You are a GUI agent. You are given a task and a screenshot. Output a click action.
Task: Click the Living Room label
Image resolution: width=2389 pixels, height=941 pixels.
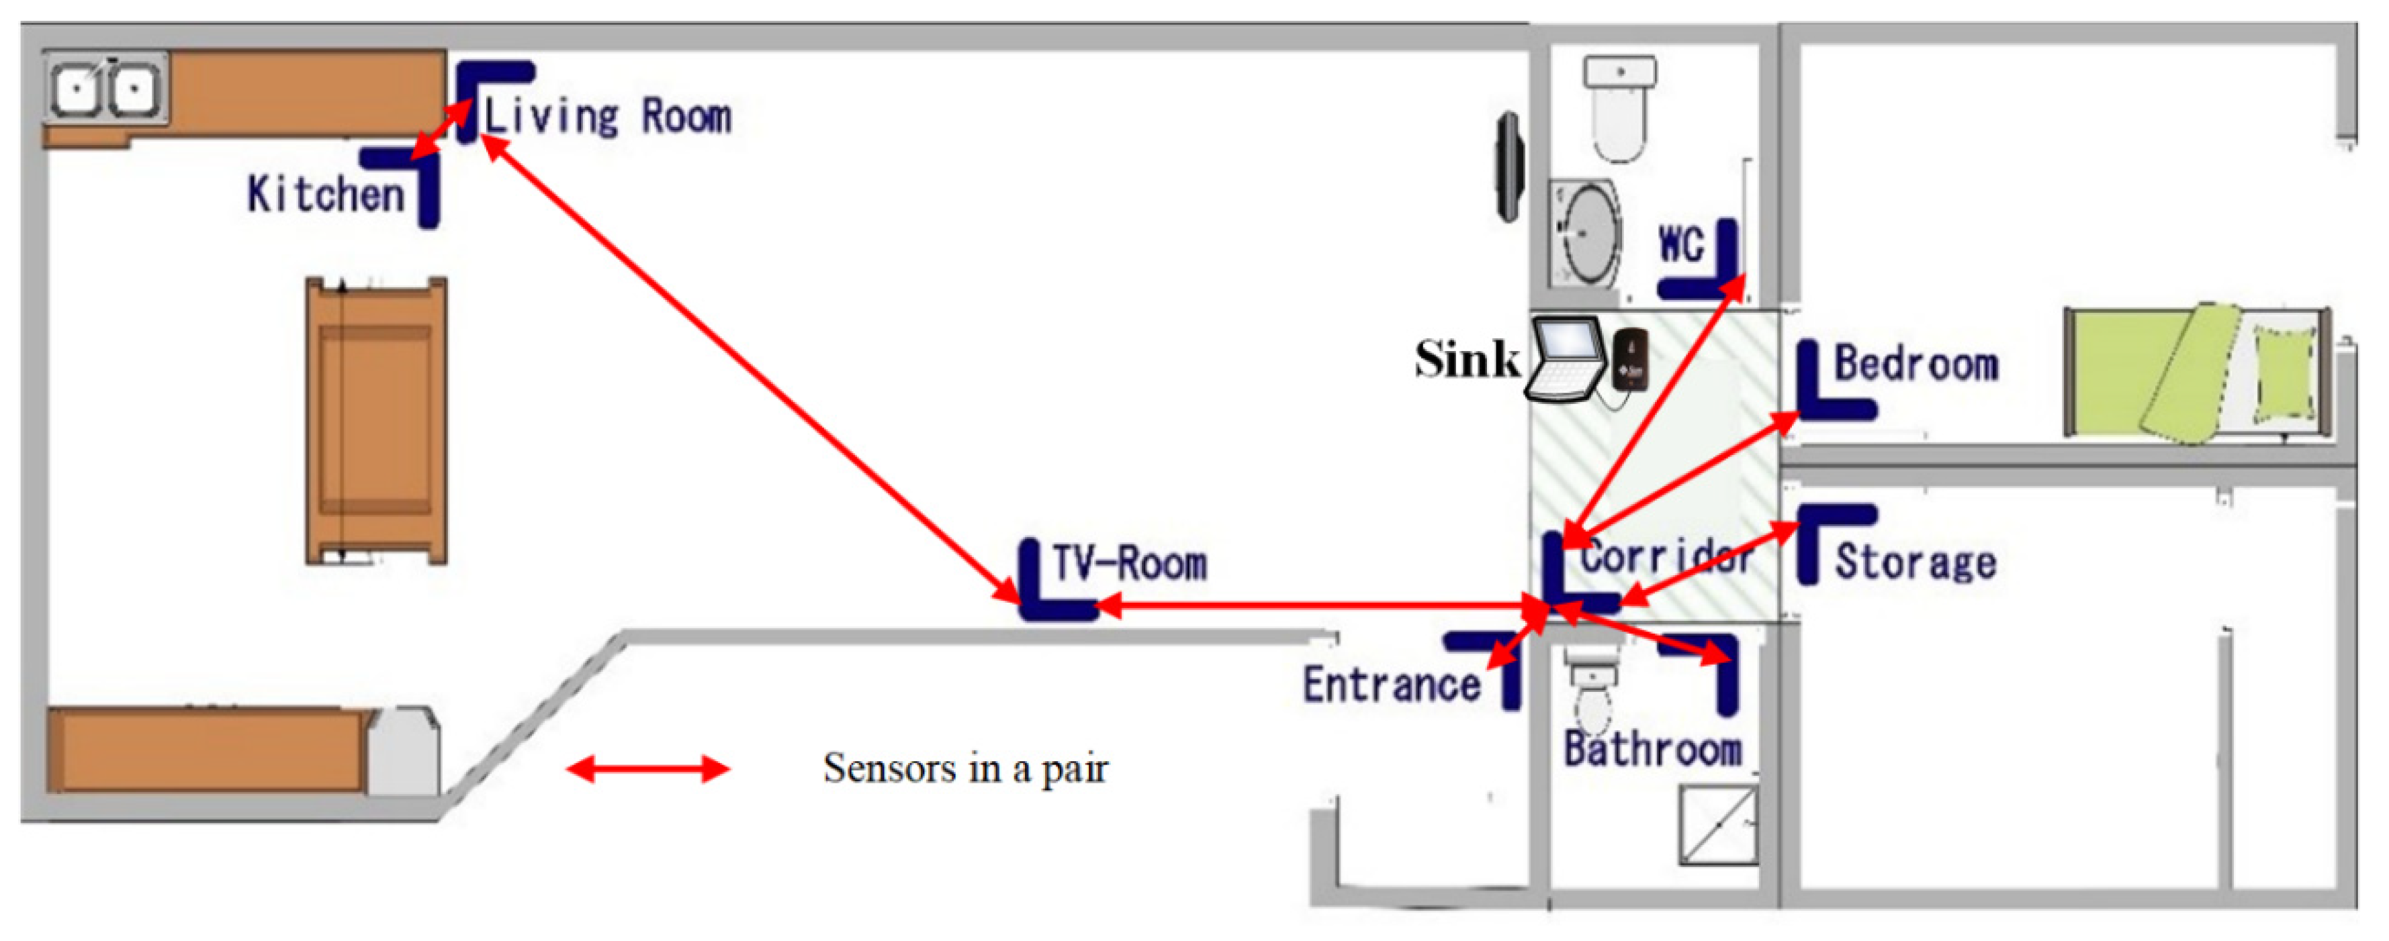click(x=607, y=117)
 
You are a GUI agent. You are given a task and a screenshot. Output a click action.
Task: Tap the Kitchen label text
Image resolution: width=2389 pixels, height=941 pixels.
click(x=326, y=195)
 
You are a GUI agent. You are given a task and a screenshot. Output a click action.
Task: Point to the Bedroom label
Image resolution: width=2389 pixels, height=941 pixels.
click(x=1916, y=363)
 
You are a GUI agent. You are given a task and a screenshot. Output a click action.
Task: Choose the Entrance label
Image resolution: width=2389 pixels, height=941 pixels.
click(x=1391, y=685)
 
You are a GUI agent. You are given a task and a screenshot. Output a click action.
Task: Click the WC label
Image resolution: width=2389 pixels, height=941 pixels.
click(x=1680, y=246)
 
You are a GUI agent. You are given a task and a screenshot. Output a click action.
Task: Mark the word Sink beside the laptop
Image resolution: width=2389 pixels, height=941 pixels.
click(x=1466, y=359)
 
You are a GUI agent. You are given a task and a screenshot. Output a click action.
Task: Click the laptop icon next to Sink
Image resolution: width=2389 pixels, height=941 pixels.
click(x=1568, y=360)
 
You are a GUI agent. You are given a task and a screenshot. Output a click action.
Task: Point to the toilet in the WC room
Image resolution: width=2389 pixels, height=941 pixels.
click(x=1619, y=107)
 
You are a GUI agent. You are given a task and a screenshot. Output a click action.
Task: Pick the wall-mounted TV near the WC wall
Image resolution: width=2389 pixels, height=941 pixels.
click(x=1509, y=167)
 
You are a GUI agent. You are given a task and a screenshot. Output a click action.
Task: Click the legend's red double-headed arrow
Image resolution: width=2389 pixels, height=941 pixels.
click(x=647, y=769)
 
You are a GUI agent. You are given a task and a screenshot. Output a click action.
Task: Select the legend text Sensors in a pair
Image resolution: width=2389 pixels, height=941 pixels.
click(x=964, y=769)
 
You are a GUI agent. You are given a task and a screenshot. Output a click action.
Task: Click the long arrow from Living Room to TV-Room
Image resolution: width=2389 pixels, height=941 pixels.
click(x=751, y=371)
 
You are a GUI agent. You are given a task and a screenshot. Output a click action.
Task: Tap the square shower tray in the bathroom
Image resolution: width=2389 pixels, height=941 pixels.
click(x=1717, y=825)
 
